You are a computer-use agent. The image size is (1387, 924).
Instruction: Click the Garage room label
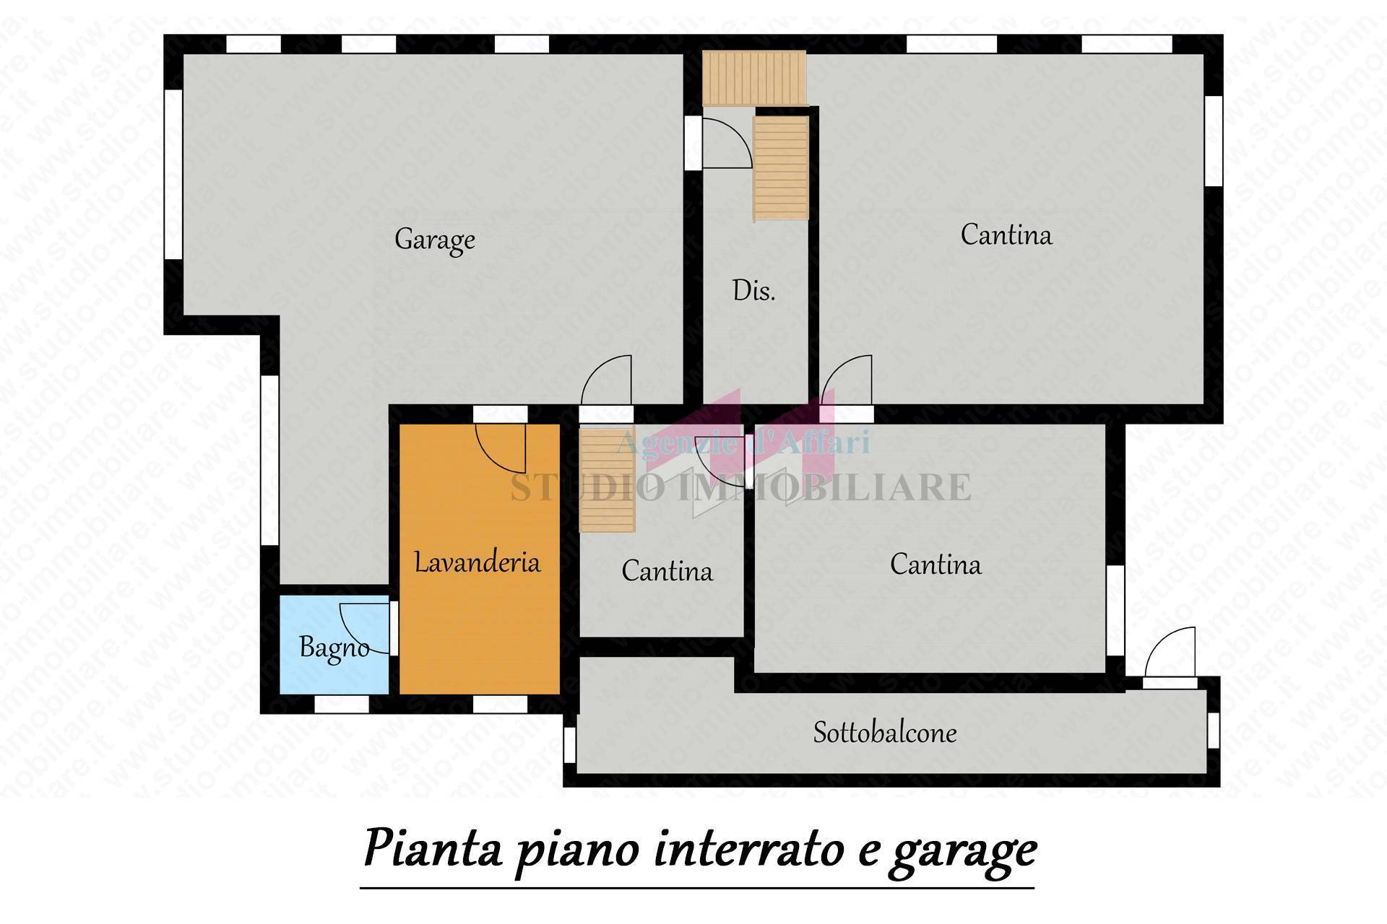coord(434,240)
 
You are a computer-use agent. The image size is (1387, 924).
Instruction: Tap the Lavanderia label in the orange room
coord(477,562)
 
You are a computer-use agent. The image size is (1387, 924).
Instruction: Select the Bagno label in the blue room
coord(334,648)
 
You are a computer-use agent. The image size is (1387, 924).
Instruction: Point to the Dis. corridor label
coord(753,291)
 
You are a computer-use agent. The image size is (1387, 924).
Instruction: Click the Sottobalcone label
coord(885,733)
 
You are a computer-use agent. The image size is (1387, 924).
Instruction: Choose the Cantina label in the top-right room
coord(1006,235)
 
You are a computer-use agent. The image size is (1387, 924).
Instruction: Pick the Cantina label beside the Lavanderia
coord(667,572)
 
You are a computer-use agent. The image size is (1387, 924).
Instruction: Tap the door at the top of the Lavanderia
coord(501,443)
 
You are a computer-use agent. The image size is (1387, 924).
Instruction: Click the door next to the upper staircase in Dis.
coord(726,143)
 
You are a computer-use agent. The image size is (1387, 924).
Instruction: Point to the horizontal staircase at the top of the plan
coord(753,78)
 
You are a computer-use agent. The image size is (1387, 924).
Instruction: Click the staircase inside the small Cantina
coord(607,481)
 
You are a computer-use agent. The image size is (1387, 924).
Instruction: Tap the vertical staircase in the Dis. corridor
coord(781,168)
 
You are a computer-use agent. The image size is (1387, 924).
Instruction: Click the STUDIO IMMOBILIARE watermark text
coord(740,487)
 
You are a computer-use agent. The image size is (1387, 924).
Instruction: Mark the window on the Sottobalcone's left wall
coord(569,744)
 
